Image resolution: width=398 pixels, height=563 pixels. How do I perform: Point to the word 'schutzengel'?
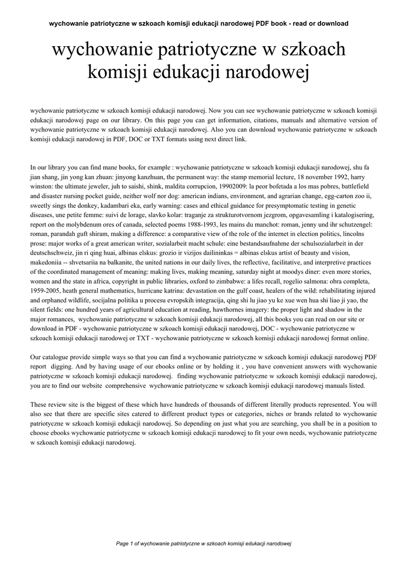(x=349, y=225)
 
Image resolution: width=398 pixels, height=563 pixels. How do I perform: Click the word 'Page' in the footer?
(x=122, y=544)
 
